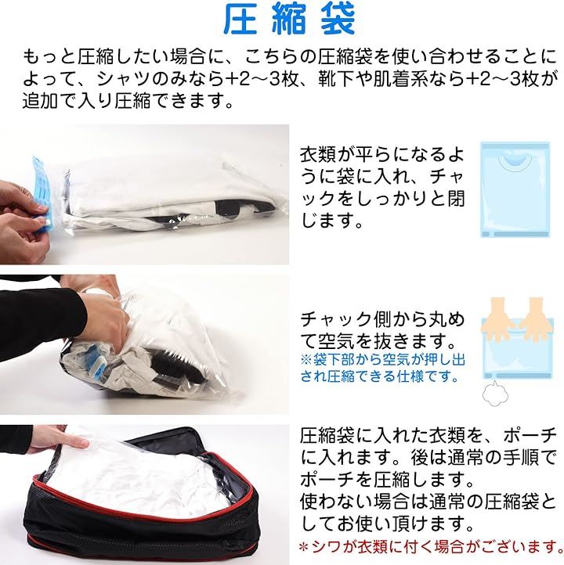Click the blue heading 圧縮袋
[289, 20]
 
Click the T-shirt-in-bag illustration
[515, 189]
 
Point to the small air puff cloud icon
[496, 391]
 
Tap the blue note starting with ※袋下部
[383, 368]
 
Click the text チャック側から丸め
[382, 319]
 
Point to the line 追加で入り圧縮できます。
[127, 100]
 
